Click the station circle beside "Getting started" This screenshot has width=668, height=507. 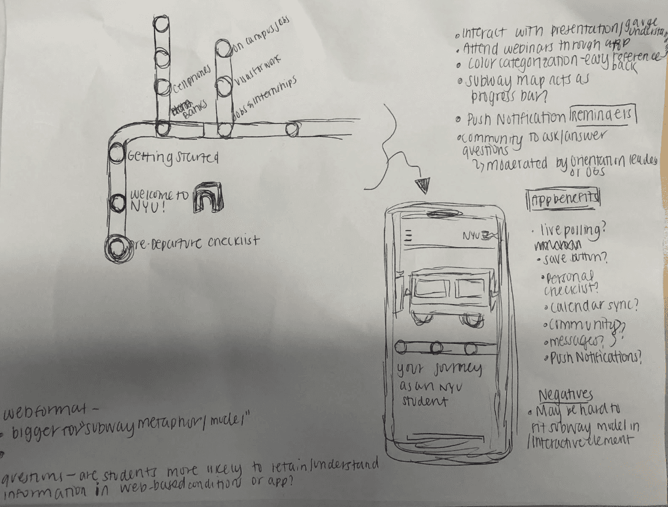click(116, 155)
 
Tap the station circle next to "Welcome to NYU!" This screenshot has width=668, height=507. click(117, 202)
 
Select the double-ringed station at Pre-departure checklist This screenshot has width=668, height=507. click(117, 248)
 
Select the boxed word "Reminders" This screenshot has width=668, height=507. click(603, 117)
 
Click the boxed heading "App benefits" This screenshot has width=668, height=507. click(563, 198)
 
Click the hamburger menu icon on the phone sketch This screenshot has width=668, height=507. click(409, 235)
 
